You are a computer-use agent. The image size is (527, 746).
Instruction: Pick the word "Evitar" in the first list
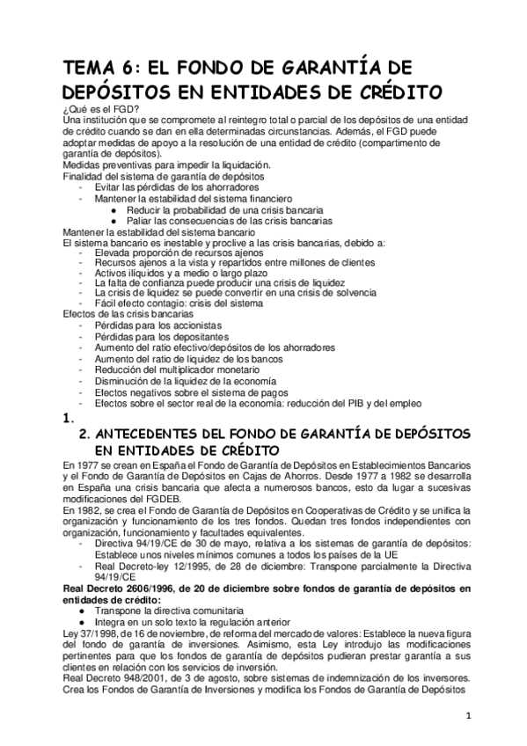[110, 187]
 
